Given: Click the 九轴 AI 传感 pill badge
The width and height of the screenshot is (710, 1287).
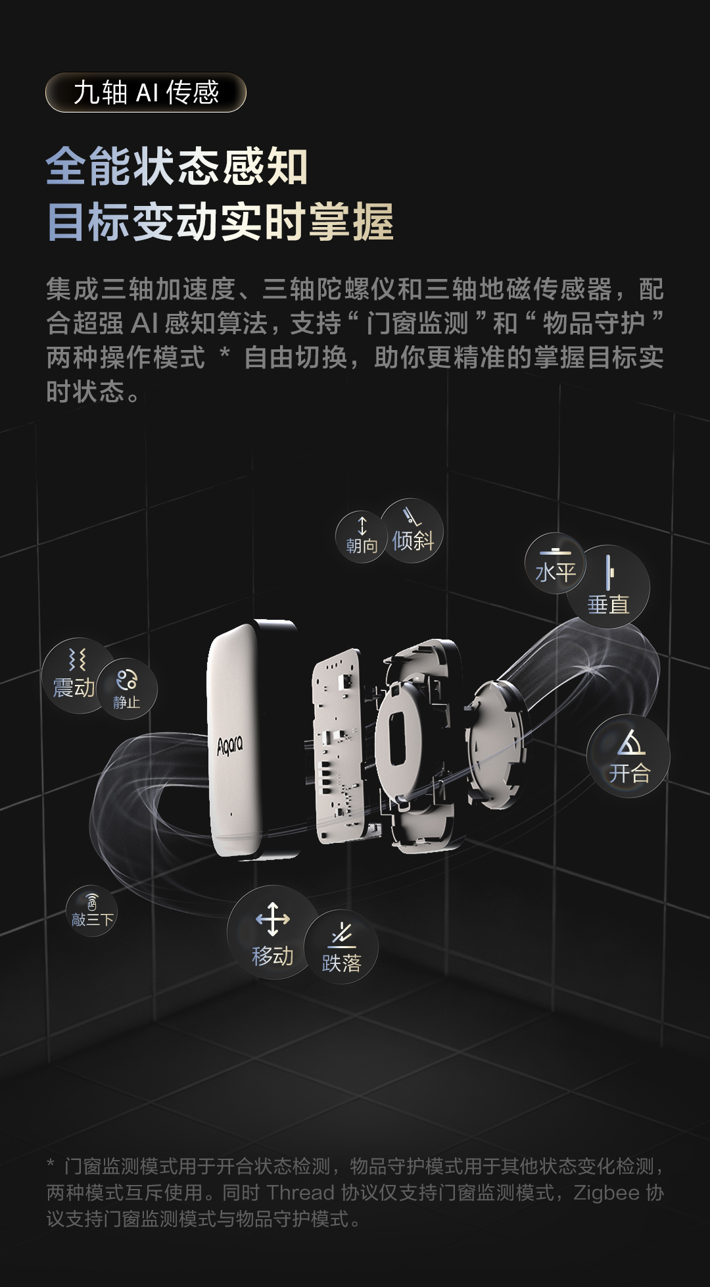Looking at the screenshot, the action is [x=145, y=92].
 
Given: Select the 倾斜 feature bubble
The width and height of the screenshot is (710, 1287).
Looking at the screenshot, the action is [x=413, y=530].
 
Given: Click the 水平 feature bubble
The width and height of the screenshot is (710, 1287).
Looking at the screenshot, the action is [x=555, y=563].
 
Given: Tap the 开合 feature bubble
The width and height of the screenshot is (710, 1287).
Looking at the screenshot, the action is [x=628, y=756].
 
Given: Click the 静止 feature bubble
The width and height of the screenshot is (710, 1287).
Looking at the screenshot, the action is [x=127, y=688].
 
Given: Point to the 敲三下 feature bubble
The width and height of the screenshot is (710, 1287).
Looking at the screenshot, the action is [x=92, y=911].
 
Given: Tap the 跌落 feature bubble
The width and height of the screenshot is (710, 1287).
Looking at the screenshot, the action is [x=341, y=947].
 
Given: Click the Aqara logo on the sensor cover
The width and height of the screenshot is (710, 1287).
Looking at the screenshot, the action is [x=230, y=745].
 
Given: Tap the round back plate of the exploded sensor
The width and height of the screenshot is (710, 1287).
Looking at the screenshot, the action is [x=494, y=744].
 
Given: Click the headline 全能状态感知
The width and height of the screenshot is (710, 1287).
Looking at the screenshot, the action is [x=177, y=166].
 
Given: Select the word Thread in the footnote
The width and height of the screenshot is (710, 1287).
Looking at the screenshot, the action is [x=300, y=1193].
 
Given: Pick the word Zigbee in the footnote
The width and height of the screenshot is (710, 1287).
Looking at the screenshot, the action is [x=606, y=1193].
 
